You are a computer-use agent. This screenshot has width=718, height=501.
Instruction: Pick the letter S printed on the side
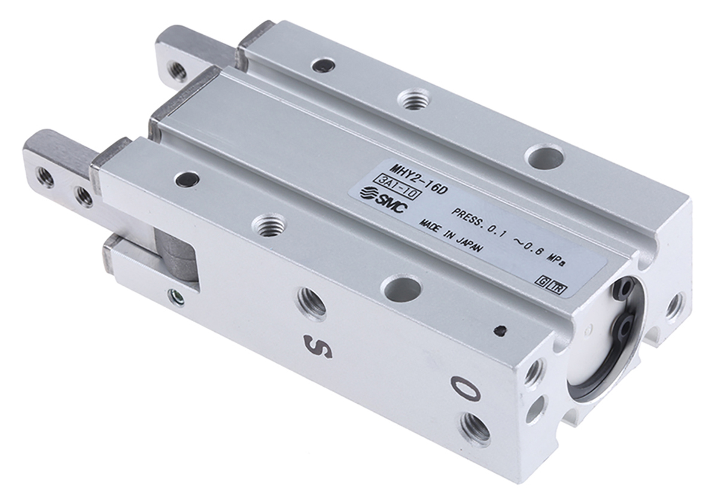[x=318, y=347]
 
